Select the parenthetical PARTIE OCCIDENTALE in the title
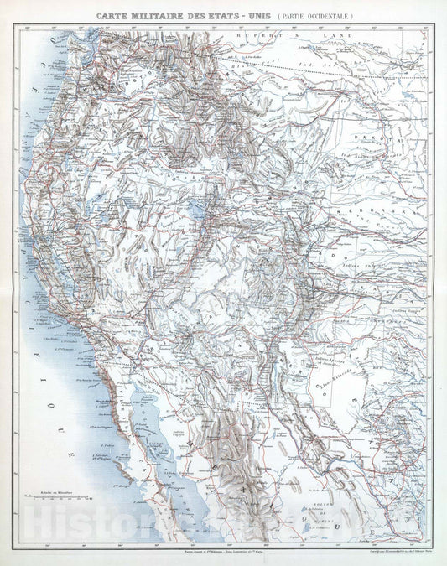[310, 15]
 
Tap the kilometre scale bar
[54, 505]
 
